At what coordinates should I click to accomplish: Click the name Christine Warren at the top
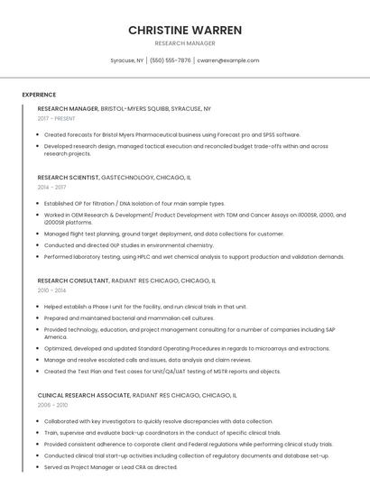(185, 30)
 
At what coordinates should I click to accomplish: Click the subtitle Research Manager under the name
(185, 43)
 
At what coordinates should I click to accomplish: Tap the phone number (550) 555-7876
(171, 60)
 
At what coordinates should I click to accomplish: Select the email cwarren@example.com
(228, 60)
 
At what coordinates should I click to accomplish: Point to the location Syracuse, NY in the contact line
(127, 60)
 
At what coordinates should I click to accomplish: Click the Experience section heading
(39, 95)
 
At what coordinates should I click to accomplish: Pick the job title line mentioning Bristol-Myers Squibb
(125, 108)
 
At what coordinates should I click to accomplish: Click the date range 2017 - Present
(57, 118)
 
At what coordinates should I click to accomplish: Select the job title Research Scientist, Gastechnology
(115, 178)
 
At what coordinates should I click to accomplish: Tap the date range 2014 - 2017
(52, 188)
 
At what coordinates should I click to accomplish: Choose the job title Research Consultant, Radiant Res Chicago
(126, 280)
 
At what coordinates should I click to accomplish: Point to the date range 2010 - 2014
(52, 290)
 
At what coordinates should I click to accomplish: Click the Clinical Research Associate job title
(137, 395)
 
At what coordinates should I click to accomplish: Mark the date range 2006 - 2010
(52, 405)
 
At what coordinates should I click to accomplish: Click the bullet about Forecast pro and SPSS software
(172, 134)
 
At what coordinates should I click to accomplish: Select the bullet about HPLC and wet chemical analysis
(194, 256)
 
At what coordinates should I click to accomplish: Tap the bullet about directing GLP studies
(129, 244)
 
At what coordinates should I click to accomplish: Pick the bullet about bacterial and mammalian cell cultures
(129, 317)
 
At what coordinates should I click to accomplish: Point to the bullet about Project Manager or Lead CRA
(111, 467)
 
